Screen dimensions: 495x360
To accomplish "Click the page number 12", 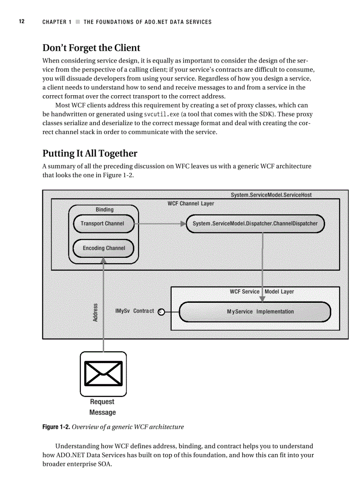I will [21, 22].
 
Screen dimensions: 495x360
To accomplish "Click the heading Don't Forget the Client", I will [91, 48].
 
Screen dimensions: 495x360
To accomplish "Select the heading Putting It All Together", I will [90, 153].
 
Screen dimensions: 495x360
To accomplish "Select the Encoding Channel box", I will [103, 248].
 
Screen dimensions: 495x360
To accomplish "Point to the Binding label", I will [105, 210].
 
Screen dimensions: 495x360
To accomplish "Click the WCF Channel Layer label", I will [191, 204].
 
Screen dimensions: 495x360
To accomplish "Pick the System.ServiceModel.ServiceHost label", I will [271, 195].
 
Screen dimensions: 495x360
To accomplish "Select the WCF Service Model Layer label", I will [262, 292].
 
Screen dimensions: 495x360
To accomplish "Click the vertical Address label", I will [95, 312].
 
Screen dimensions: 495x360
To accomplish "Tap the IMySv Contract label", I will [135, 311].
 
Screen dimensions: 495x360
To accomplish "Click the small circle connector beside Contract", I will [161, 312].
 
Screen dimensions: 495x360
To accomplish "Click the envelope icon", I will [103, 373].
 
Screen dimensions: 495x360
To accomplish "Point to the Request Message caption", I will [102, 407].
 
